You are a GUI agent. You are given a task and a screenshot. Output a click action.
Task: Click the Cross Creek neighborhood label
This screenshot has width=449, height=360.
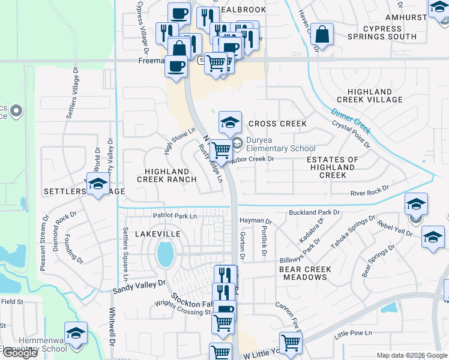coord(277,124)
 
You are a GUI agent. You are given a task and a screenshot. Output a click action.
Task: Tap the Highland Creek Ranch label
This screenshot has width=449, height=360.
coord(166,175)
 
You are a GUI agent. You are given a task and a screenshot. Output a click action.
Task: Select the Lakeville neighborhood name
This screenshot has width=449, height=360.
coord(158,233)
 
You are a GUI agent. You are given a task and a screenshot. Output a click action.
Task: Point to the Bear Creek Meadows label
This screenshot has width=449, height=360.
coord(305,273)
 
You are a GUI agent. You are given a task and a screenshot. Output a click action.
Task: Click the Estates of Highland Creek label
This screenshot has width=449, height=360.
coord(332,167)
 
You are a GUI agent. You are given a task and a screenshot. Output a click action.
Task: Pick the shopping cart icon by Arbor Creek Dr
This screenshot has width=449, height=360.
coord(221,150)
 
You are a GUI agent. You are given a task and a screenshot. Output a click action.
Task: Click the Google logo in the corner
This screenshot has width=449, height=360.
coord(19,353)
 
